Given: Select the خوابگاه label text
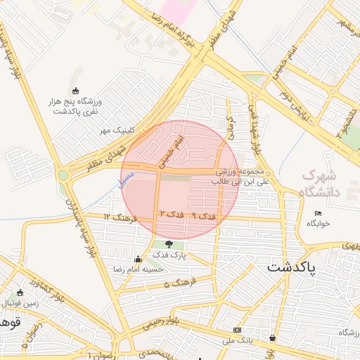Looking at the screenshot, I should (317, 223).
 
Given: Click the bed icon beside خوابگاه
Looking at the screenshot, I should (318, 213).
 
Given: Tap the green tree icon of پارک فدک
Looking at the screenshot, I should (169, 245).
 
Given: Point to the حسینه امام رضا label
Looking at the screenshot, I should (139, 269).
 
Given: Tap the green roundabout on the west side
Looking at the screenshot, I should (64, 175).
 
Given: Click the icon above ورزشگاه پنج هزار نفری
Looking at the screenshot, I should (76, 90).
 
